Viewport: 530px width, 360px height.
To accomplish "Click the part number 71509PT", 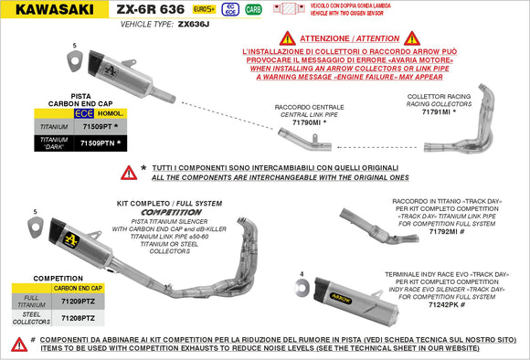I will tap(94, 127).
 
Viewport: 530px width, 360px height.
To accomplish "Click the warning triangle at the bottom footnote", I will tap(18, 344).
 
